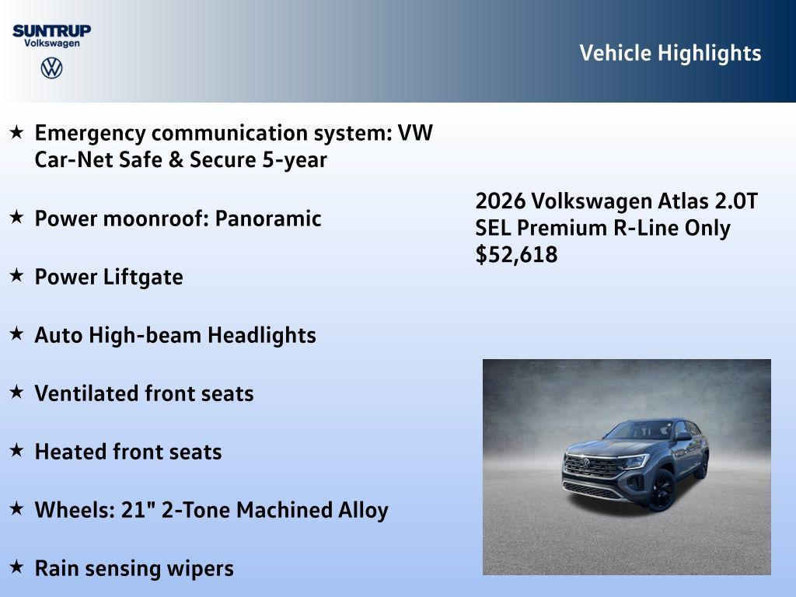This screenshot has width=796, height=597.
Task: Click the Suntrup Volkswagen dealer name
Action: point(51,36)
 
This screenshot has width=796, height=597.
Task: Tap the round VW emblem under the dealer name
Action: point(51,68)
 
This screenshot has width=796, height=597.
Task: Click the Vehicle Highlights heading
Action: point(670,53)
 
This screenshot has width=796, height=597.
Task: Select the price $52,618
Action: point(516,255)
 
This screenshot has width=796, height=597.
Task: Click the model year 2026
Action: point(500,201)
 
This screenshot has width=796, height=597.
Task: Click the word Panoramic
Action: point(267,218)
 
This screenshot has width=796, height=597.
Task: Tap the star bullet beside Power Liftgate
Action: point(16,276)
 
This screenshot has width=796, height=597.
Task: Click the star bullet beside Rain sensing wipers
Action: point(16,567)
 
